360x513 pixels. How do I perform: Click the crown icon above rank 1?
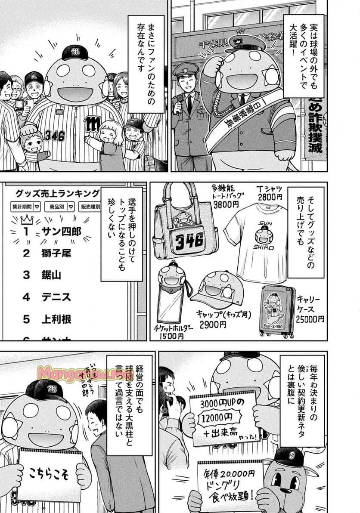27,219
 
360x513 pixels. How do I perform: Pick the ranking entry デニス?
56,297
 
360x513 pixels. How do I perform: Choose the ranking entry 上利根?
56,319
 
